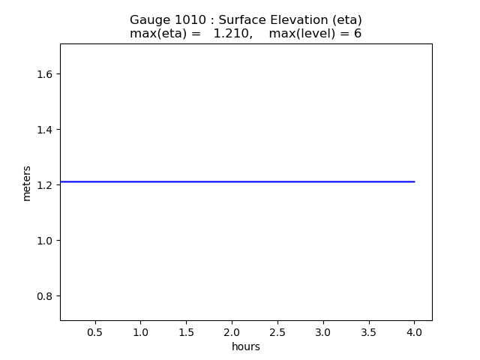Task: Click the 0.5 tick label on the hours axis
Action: coord(95,331)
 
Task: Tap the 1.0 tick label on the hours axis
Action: coord(141,331)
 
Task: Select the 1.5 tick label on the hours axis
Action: coord(187,331)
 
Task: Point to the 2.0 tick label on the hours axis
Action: coord(232,331)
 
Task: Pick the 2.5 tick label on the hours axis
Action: coord(277,331)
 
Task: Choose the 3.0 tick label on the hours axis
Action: coord(323,331)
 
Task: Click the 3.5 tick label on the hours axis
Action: coord(369,331)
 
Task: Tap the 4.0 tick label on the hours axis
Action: coord(414,331)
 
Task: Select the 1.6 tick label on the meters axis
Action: coord(43,74)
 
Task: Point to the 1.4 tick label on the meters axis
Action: coord(43,130)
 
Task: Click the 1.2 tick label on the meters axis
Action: coord(43,185)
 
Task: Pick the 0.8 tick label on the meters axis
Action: coord(43,296)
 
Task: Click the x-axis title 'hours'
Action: coord(246,346)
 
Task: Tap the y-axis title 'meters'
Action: coord(27,183)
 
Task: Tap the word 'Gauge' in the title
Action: coord(148,20)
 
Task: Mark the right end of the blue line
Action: coord(414,181)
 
